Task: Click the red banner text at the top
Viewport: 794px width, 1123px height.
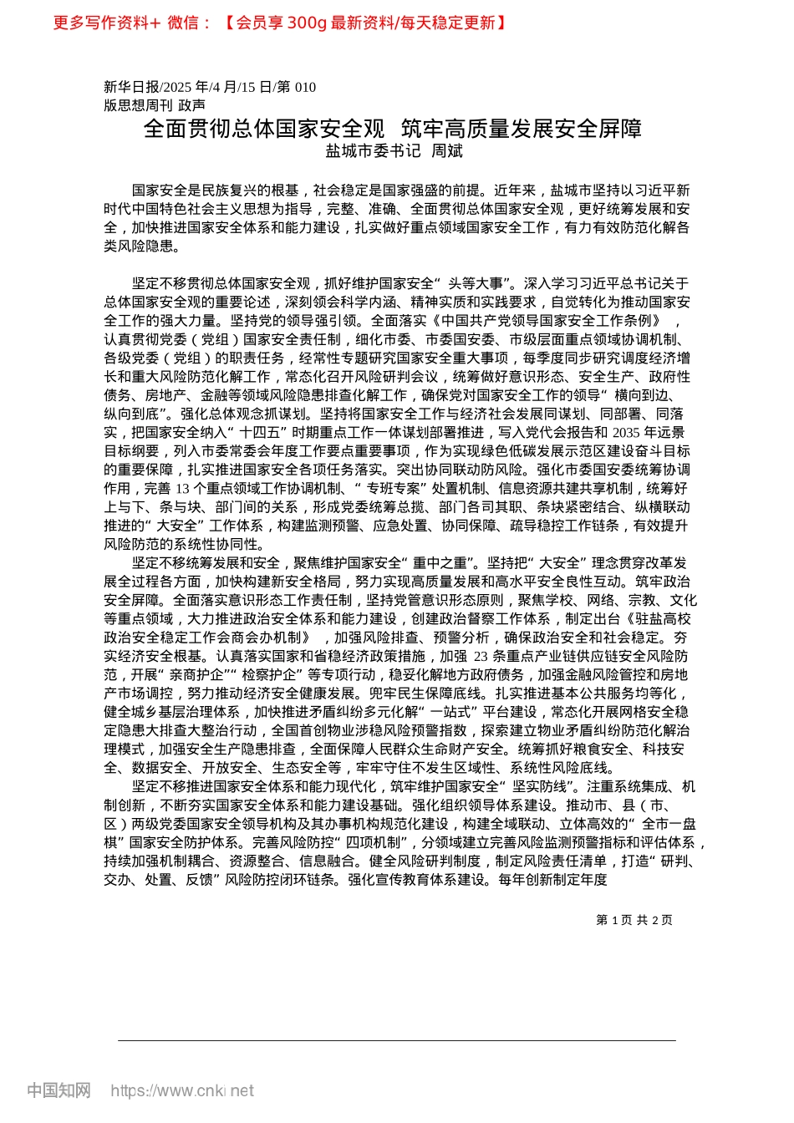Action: tap(280, 23)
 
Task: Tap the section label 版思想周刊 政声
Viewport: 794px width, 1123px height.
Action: tap(154, 105)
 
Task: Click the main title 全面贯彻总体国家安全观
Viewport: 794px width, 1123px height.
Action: tap(264, 128)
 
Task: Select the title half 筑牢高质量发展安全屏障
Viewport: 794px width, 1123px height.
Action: tap(522, 128)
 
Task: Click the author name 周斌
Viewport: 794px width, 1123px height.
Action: tap(446, 151)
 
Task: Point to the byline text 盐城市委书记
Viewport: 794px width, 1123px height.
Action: tap(374, 151)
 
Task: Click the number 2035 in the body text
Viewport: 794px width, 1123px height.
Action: tap(626, 433)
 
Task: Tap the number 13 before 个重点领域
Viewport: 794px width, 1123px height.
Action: tap(182, 489)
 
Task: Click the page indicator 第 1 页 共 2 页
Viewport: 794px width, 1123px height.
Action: tap(634, 920)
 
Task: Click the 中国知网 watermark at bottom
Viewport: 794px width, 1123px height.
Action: tap(59, 1091)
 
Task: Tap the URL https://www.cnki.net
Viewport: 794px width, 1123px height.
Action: tap(182, 1091)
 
